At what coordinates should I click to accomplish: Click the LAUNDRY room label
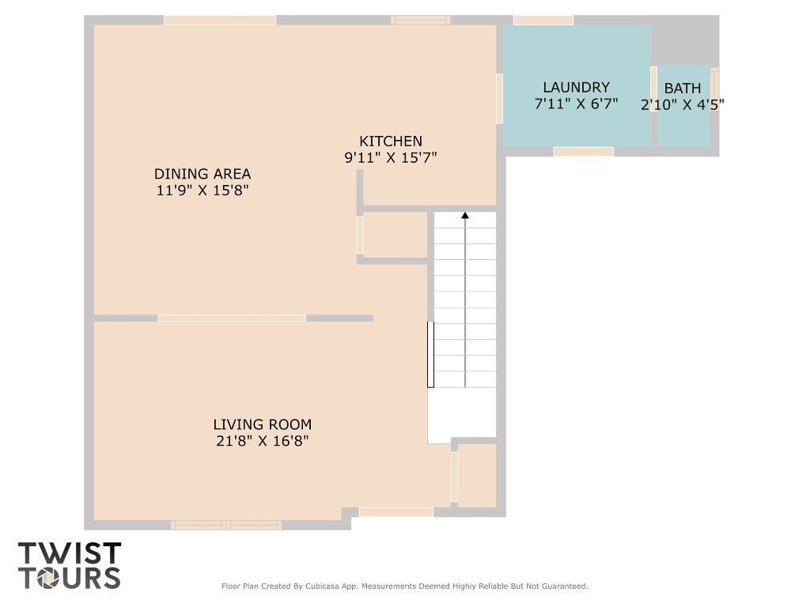pyautogui.click(x=576, y=87)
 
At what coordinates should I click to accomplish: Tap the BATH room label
pyautogui.click(x=683, y=89)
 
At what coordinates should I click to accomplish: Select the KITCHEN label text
pyautogui.click(x=391, y=141)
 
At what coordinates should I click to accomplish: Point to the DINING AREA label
pyautogui.click(x=202, y=173)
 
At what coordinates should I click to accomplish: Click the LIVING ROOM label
pyautogui.click(x=263, y=424)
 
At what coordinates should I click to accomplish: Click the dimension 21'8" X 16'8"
pyautogui.click(x=263, y=441)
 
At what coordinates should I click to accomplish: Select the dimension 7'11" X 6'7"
pyautogui.click(x=576, y=104)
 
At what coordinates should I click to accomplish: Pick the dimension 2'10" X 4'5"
pyautogui.click(x=683, y=105)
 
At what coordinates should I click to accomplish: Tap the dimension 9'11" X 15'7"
pyautogui.click(x=391, y=157)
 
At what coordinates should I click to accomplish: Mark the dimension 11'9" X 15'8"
pyautogui.click(x=202, y=190)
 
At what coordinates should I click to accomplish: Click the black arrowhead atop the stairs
pyautogui.click(x=465, y=215)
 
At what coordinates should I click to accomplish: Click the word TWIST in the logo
pyautogui.click(x=70, y=552)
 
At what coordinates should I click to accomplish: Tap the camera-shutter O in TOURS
pyautogui.click(x=48, y=578)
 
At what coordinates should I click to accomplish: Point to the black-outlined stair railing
pyautogui.click(x=430, y=354)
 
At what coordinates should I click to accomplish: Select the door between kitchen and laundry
pyautogui.click(x=500, y=99)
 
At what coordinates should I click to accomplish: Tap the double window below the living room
pyautogui.click(x=226, y=526)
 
